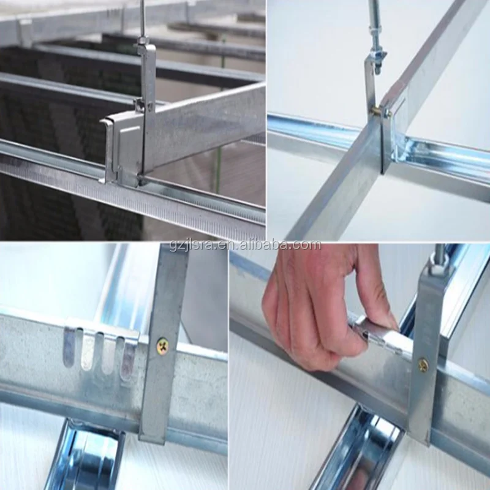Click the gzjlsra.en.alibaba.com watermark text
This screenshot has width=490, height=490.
point(245,246)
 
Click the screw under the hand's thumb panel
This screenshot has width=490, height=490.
point(423,366)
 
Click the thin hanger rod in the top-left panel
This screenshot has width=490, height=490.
point(142,18)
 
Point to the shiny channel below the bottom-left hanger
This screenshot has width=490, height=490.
point(86,456)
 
